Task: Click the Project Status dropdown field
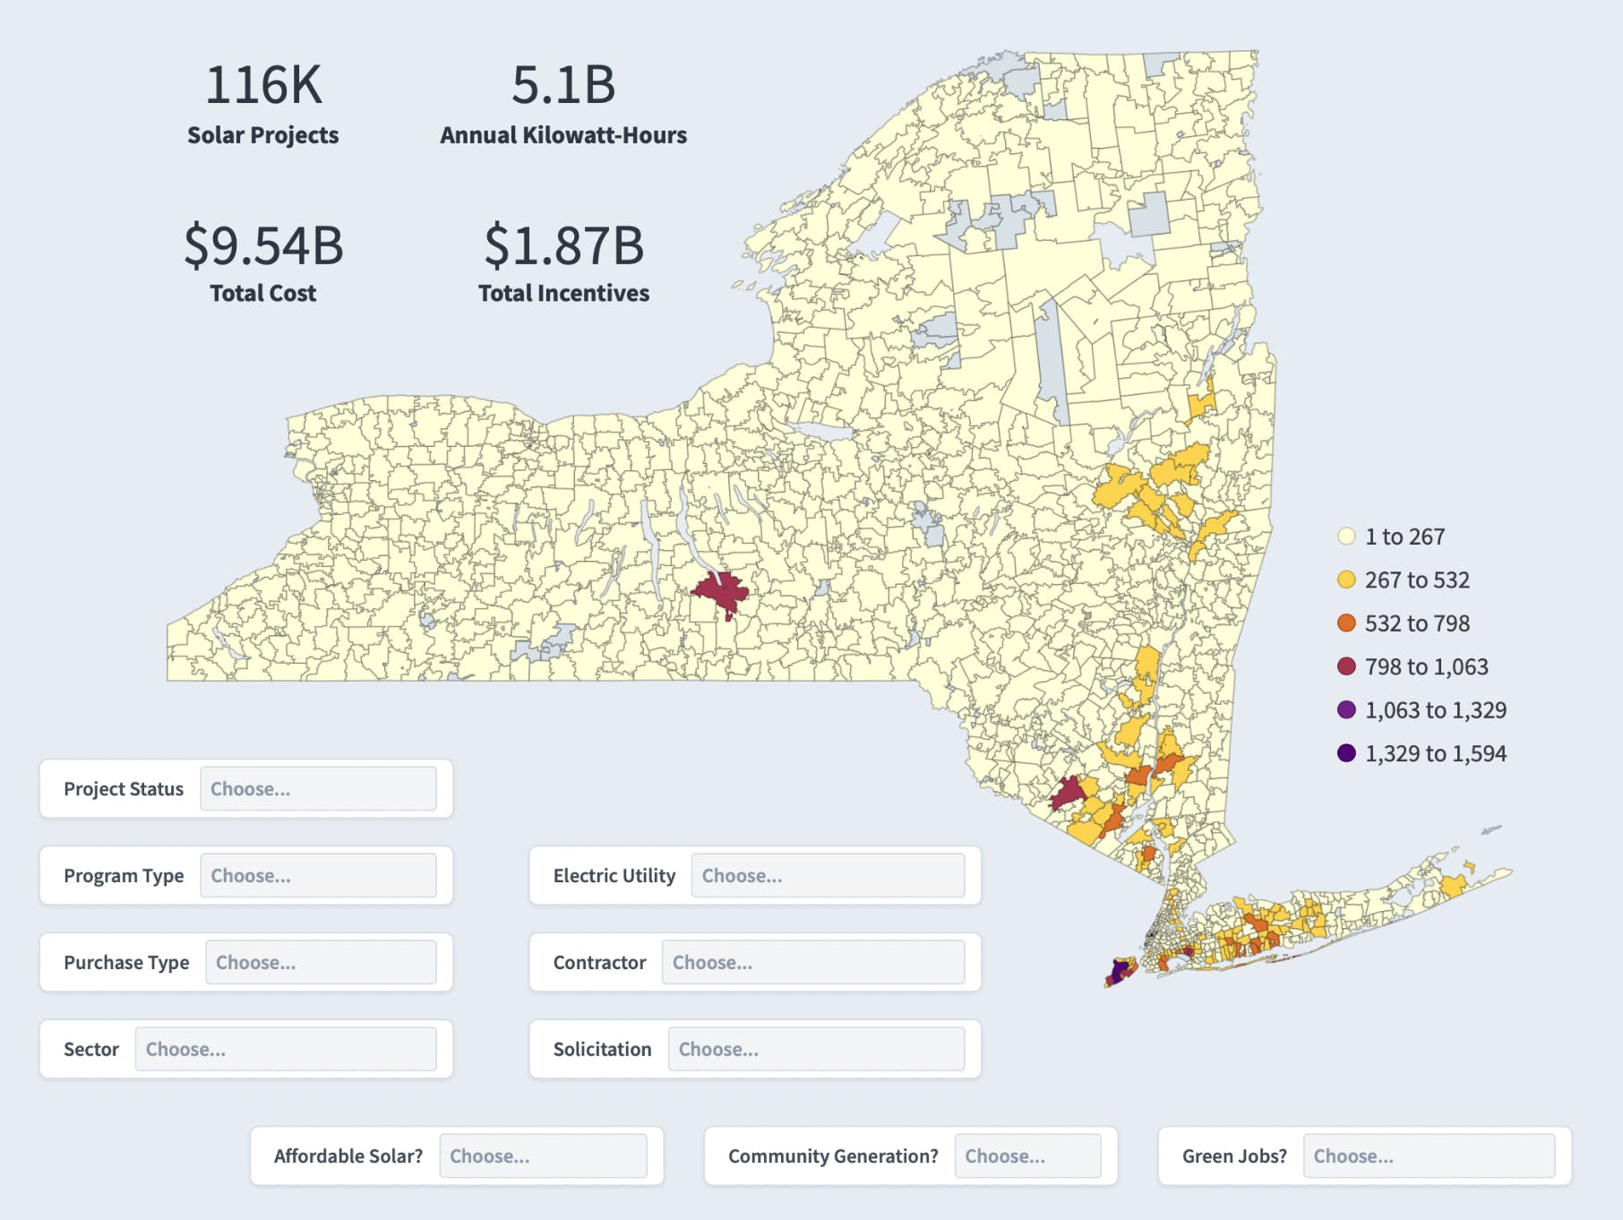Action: point(318,789)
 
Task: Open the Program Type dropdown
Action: point(318,876)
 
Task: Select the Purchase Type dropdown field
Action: point(321,963)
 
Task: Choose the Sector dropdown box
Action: point(285,1049)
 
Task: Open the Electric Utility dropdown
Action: point(827,876)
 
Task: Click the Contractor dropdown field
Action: point(812,963)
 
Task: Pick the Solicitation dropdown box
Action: point(816,1049)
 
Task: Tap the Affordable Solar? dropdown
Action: point(543,1156)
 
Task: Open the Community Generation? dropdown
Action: point(1027,1156)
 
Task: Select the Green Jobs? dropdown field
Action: point(1429,1156)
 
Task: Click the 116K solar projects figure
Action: point(263,85)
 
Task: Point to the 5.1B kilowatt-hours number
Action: point(563,85)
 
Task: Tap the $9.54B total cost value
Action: point(263,245)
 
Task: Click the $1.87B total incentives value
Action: point(563,245)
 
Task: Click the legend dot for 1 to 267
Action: point(1346,537)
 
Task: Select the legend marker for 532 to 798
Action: point(1346,623)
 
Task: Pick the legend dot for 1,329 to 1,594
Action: point(1346,753)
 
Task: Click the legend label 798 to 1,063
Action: point(1426,666)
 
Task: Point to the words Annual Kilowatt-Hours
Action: point(563,135)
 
